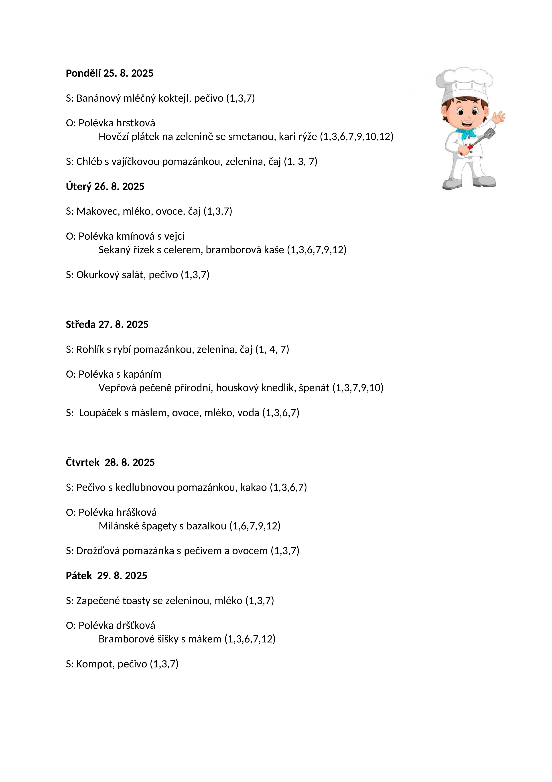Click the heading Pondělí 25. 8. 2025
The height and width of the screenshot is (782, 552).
point(110,73)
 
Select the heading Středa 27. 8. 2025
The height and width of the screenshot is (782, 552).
point(107,324)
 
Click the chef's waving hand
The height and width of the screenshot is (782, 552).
point(499,117)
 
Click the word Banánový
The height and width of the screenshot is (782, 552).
point(98,99)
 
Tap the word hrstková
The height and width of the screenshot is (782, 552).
point(136,123)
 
